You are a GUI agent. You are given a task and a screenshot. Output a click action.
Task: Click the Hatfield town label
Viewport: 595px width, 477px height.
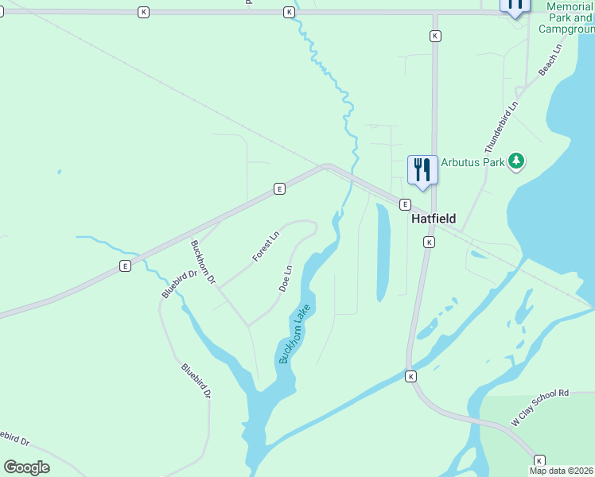coord(433,217)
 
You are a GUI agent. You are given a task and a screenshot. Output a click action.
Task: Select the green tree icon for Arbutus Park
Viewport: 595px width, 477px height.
coord(517,161)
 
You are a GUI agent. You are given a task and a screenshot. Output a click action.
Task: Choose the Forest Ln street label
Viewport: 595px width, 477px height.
coord(266,246)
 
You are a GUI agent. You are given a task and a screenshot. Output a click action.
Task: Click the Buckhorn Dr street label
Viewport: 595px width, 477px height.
coord(204,262)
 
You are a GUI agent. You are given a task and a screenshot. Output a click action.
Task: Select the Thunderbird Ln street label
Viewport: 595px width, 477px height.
coord(502,127)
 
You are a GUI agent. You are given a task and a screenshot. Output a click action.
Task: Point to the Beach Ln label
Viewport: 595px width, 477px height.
coord(550,60)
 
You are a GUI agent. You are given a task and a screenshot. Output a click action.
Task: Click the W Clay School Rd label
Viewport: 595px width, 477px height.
coord(541,408)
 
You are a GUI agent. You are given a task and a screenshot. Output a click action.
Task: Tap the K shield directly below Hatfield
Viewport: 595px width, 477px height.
coord(429,242)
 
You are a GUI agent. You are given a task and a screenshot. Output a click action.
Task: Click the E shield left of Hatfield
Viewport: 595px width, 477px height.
coord(404,204)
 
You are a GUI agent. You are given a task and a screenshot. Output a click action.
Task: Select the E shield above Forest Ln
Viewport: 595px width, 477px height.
coord(279,188)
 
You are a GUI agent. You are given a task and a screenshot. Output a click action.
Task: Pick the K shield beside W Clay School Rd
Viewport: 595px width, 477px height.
coord(539,460)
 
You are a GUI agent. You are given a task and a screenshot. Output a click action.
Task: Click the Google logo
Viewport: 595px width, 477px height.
coord(27,467)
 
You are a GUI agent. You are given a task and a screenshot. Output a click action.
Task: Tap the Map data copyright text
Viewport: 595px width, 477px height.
coord(562,471)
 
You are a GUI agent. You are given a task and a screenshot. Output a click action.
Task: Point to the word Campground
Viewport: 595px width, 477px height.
coord(566,29)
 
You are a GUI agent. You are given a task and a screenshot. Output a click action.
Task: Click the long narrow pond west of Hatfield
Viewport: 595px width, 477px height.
coord(383,253)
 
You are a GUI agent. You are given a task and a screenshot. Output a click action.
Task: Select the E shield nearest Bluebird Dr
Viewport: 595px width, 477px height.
coord(125,266)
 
